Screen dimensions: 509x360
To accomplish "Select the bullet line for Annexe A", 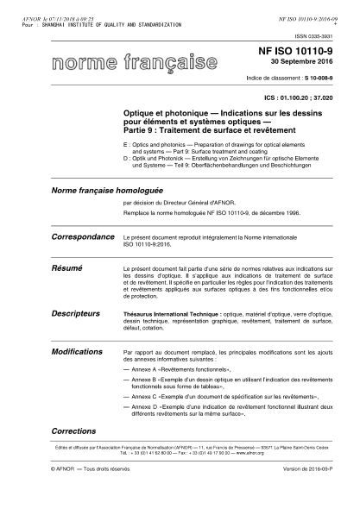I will (179, 369).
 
